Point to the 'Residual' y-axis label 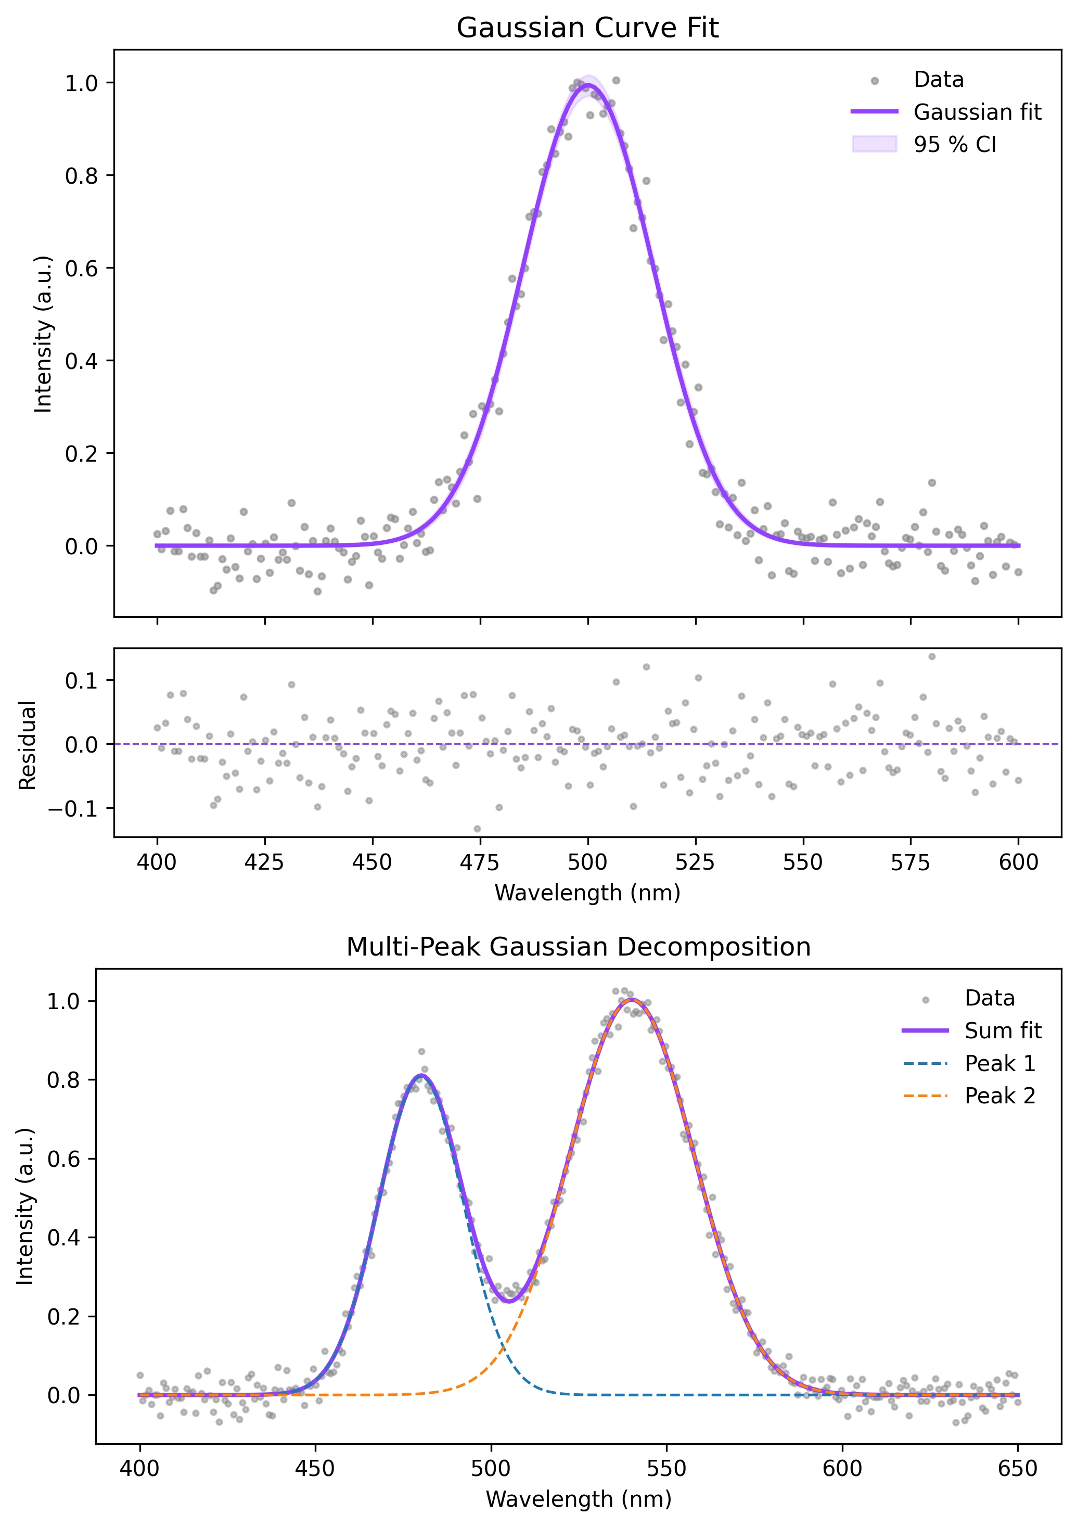(x=28, y=745)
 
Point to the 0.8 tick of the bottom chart (x=63, y=1080)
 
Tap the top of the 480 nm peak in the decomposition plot (x=420, y=1075)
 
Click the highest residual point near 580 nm (x=931, y=656)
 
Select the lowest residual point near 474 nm (x=477, y=829)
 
